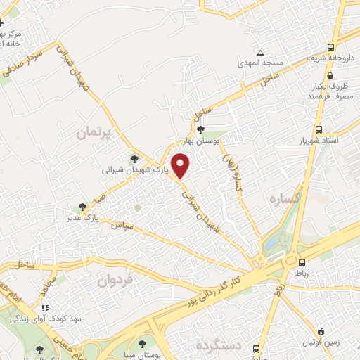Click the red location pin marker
point(181,165)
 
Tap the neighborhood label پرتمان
point(96,132)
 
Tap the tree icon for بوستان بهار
point(201,129)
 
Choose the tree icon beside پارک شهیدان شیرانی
point(134,159)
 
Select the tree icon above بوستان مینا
point(142,344)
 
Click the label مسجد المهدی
point(262,64)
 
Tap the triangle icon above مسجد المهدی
point(261,53)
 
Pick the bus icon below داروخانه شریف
point(319,72)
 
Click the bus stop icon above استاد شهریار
point(319,129)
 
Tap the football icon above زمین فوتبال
point(321,331)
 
